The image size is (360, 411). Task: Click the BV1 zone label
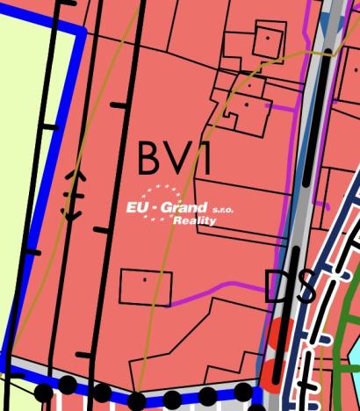click(x=175, y=158)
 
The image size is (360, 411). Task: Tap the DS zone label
click(x=290, y=287)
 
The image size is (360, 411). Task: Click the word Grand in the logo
click(x=188, y=208)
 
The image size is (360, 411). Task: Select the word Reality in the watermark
click(x=194, y=221)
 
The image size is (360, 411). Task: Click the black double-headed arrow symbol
click(x=72, y=195)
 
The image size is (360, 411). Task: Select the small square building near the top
click(x=267, y=40)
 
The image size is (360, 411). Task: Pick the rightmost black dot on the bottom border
click(x=243, y=392)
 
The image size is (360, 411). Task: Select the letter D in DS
click(x=277, y=287)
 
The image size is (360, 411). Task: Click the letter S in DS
click(x=304, y=288)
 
